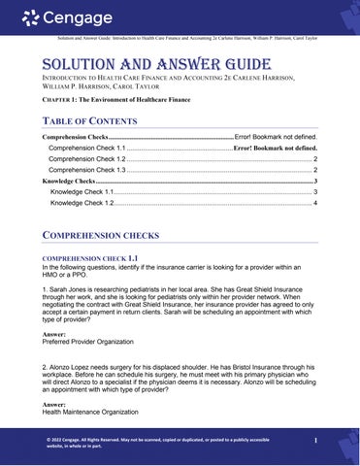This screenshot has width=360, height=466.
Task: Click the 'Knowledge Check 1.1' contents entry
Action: point(82,192)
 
